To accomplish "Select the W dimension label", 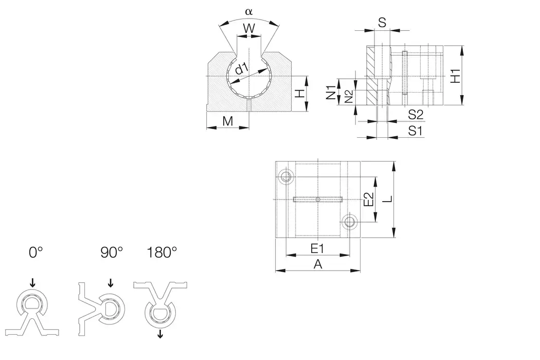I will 249,29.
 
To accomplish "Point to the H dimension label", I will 300,94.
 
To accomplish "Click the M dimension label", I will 228,121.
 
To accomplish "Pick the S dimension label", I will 382,22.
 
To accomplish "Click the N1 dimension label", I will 332,92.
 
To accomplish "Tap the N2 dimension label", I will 349,96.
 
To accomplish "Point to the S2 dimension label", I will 416,114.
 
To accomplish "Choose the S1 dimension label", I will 416,131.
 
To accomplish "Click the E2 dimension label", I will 368,200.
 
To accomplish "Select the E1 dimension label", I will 317,248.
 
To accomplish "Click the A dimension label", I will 318,264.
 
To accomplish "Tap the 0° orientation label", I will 35,253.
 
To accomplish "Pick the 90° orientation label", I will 112,253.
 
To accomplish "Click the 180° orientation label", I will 161,253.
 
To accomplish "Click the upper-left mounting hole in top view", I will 286,177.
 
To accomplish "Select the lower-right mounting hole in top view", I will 350,222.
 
